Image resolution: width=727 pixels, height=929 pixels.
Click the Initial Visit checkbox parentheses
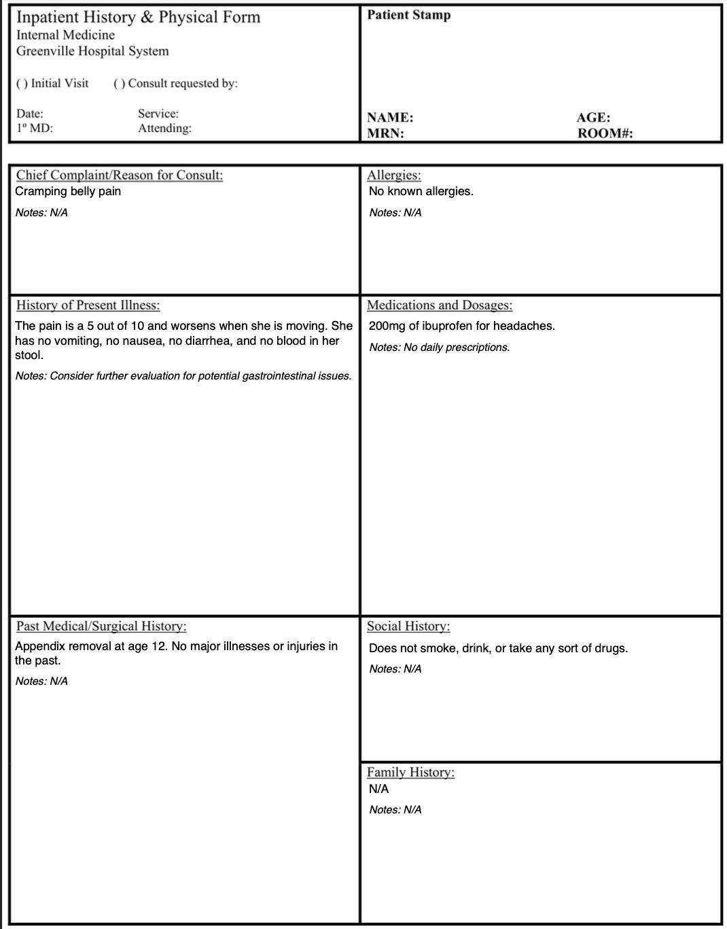(22, 84)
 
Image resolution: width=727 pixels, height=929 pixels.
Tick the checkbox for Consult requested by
(119, 84)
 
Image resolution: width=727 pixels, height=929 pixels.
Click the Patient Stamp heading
(408, 15)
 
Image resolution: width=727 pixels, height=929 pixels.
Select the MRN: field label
(385, 133)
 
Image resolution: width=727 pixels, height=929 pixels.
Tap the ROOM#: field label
(605, 133)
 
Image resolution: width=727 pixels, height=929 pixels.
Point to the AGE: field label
(593, 118)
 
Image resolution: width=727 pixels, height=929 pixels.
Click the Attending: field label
(164, 128)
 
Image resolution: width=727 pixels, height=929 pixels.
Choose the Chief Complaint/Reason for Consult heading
(120, 175)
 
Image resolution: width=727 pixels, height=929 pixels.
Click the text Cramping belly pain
(68, 191)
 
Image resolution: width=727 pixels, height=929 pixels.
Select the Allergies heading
(394, 175)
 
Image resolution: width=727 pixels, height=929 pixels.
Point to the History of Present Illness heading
(88, 305)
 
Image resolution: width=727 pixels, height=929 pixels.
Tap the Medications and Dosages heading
(440, 305)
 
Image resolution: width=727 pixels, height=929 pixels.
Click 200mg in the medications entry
(387, 326)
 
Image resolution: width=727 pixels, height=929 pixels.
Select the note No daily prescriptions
(456, 348)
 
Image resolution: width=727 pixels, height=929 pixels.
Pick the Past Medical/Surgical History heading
(101, 626)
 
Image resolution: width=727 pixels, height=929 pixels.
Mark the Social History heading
(408, 626)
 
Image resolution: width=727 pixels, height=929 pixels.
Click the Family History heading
(410, 772)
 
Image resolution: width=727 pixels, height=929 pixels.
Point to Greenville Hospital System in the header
(92, 51)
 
